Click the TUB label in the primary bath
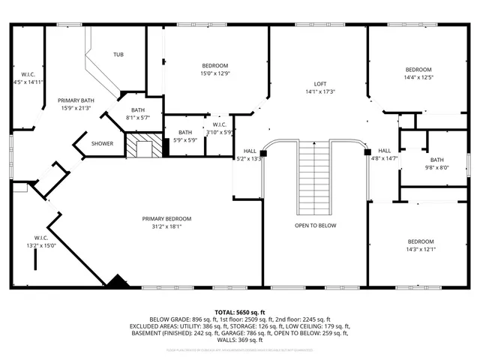[118, 55]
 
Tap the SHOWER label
[103, 143]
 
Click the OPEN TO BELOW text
[315, 226]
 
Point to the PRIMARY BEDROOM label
[166, 219]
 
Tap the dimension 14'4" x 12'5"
[419, 76]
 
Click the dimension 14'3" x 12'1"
[421, 249]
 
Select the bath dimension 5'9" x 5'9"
[185, 139]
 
